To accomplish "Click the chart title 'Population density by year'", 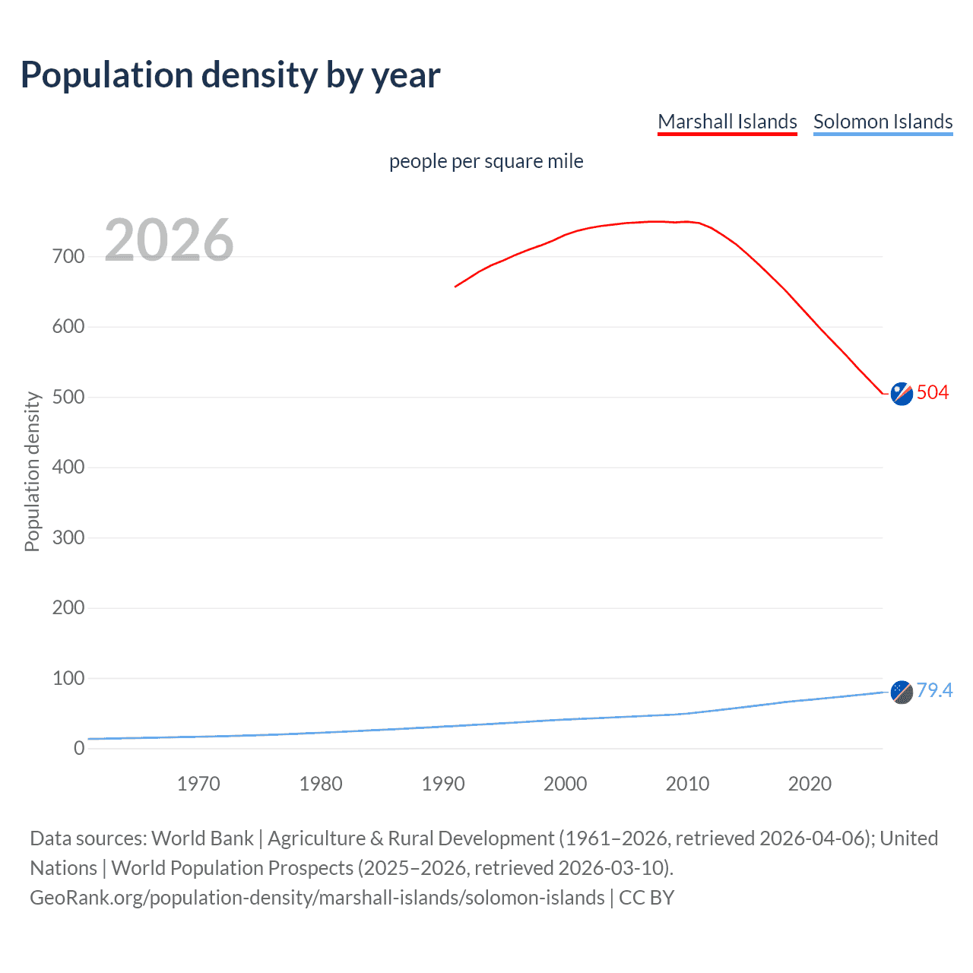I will (230, 75).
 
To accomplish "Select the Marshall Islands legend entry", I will (727, 122).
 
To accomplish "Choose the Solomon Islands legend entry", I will (883, 122).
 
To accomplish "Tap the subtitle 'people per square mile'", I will (486, 161).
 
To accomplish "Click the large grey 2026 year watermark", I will (169, 240).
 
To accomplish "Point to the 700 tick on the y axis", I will (68, 256).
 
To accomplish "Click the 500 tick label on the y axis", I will (68, 397).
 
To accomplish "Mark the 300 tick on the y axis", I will (68, 537).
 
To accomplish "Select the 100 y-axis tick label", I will (68, 678).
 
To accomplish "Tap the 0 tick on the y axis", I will (79, 748).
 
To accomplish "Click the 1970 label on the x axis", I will (198, 784).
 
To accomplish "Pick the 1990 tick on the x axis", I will (443, 784).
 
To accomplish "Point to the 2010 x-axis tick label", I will (687, 784).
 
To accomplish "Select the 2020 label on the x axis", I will (810, 784).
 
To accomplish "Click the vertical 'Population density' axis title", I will (32, 471).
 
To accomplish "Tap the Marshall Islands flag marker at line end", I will (902, 394).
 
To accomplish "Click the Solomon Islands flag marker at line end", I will (902, 692).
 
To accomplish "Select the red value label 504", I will (933, 392).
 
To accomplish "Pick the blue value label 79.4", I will (934, 690).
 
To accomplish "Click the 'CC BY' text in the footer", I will (646, 898).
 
